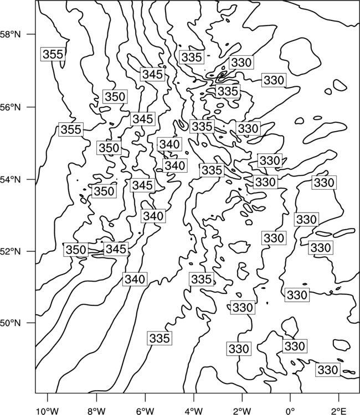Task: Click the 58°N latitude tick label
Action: pos(11,34)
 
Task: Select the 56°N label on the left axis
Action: pos(11,107)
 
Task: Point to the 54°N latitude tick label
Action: pos(11,179)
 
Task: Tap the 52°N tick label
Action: pos(11,251)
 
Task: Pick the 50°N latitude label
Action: pos(11,323)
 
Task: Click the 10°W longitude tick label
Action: pos(48,411)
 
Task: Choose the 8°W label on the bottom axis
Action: pos(96,411)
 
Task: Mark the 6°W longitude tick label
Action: pos(145,411)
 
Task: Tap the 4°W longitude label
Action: pos(194,411)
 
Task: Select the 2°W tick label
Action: pos(242,411)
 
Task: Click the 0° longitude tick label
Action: pos(290,411)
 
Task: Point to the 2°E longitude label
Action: pos(339,411)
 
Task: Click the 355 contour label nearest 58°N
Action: pos(53,54)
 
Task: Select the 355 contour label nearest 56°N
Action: pos(71,129)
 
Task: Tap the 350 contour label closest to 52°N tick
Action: pos(76,250)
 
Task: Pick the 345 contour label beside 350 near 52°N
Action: pos(116,249)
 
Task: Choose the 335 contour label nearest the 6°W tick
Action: pos(160,338)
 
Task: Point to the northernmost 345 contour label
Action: pos(152,74)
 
